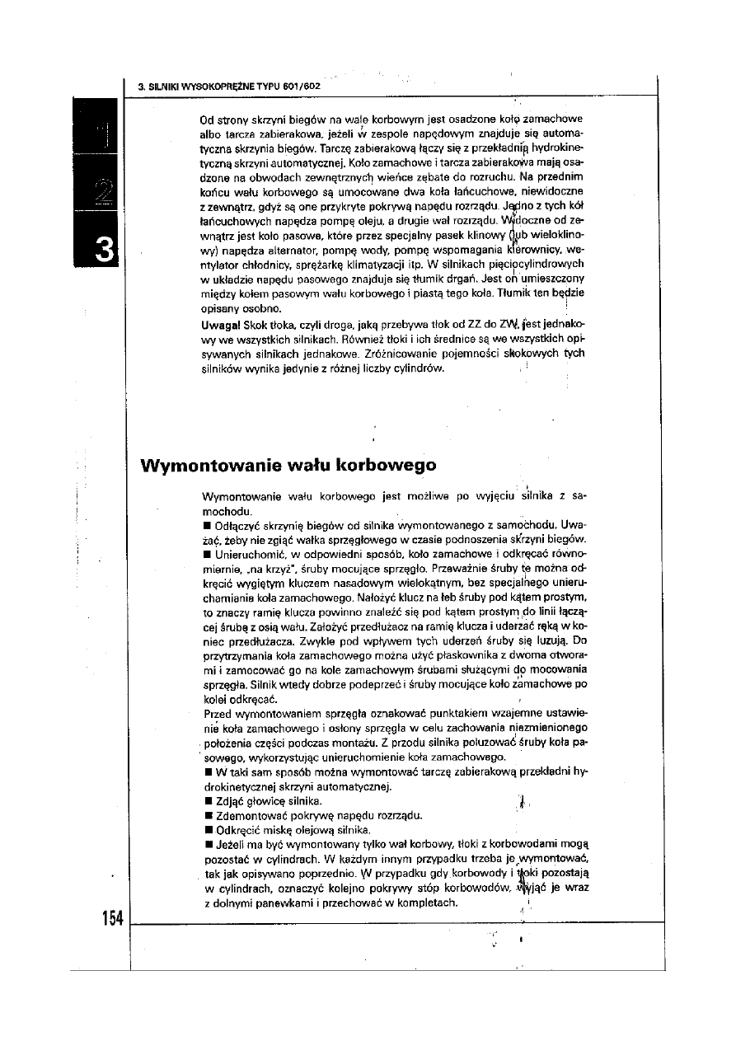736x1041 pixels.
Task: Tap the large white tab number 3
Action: coord(105,251)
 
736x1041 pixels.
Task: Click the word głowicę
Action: coord(262,801)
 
